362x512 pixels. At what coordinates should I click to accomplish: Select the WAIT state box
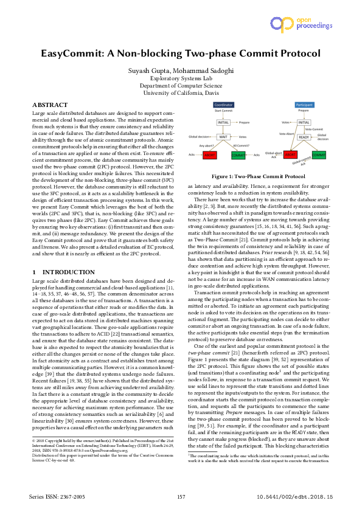click(x=223, y=137)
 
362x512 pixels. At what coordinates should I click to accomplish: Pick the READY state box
click(x=303, y=137)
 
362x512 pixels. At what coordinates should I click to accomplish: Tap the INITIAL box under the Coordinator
click(x=223, y=122)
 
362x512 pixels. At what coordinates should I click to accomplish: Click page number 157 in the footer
click(x=181, y=497)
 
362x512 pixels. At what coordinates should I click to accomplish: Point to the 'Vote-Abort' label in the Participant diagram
click(x=287, y=133)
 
